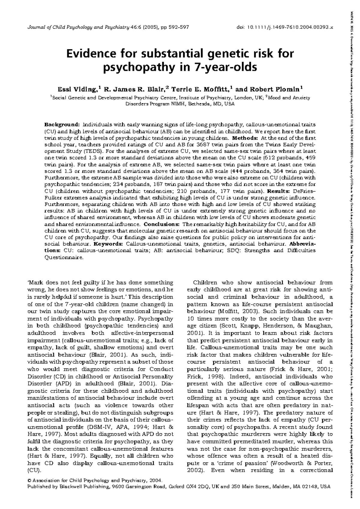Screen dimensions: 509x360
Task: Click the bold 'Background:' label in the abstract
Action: click(x=62, y=124)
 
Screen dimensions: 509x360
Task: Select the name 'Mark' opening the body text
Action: click(x=34, y=283)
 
